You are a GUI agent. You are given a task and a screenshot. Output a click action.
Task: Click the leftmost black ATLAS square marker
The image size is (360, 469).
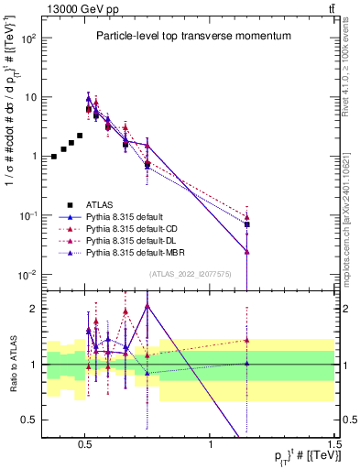tap(54, 157)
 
